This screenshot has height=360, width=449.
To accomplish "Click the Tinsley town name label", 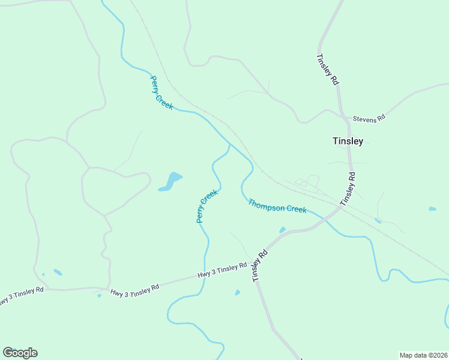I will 348,142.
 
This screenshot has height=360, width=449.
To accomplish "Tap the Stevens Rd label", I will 369,119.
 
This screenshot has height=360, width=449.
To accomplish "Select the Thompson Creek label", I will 277,206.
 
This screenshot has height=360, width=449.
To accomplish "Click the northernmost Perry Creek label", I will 161,92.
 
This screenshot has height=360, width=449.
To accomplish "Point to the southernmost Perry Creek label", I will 207,206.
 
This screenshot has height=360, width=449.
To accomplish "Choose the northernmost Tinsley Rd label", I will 327,70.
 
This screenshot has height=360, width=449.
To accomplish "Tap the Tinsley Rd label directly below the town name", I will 348,190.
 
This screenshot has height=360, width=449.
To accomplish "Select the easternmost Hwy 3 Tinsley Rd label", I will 222,271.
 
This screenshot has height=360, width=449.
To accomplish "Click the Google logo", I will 20,353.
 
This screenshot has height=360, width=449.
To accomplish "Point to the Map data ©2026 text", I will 423,355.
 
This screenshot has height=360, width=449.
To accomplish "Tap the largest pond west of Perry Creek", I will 171,181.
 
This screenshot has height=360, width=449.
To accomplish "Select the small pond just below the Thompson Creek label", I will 282,230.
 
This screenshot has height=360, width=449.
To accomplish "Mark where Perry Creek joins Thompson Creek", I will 230,145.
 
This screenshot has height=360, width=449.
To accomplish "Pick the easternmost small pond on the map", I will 432,209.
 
